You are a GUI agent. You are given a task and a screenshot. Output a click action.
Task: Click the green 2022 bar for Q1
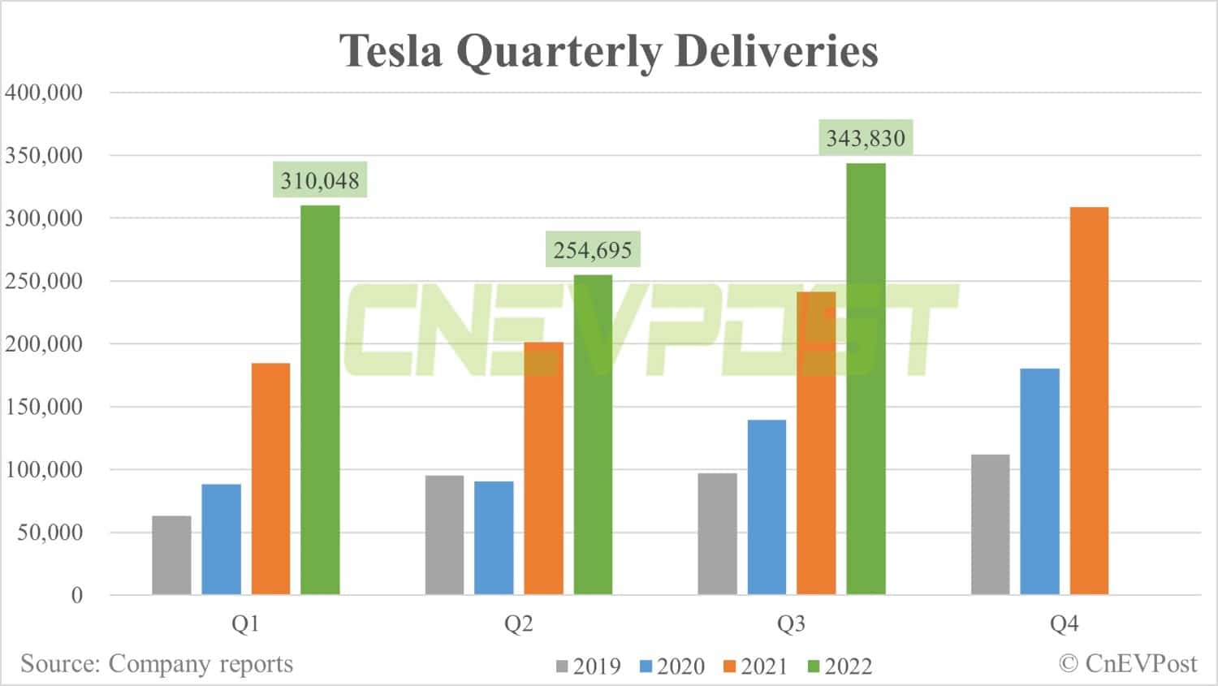click(x=320, y=399)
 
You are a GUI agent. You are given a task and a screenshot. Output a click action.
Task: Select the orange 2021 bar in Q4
click(x=1089, y=401)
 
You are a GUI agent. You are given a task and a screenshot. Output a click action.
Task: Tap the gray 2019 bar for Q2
click(x=444, y=535)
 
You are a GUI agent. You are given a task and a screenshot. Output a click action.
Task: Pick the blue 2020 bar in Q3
click(x=767, y=507)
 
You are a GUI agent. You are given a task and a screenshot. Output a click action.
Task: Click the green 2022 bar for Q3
click(x=866, y=379)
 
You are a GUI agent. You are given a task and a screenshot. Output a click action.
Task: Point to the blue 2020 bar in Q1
click(x=221, y=539)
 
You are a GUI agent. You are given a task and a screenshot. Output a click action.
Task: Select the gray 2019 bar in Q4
click(x=990, y=524)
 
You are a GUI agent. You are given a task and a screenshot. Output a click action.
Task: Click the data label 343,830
click(x=866, y=138)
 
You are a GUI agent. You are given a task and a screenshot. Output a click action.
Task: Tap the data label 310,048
click(x=320, y=180)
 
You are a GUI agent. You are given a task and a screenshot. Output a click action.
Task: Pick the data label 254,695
click(x=593, y=250)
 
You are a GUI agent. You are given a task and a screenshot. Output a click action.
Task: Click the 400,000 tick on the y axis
click(x=44, y=93)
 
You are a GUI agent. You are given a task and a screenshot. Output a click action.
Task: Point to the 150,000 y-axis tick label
click(x=44, y=407)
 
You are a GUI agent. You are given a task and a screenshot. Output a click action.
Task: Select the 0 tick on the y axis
click(x=77, y=596)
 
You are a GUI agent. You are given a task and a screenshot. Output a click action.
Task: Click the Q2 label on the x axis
click(x=518, y=623)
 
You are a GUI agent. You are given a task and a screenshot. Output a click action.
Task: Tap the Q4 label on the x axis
click(x=1064, y=623)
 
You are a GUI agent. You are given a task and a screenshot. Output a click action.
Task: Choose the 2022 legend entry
click(x=840, y=667)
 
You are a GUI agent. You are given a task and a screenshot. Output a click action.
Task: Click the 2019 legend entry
click(x=589, y=667)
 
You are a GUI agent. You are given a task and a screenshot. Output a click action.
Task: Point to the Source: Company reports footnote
click(x=157, y=663)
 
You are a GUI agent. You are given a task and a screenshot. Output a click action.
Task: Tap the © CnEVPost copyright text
click(x=1128, y=663)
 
